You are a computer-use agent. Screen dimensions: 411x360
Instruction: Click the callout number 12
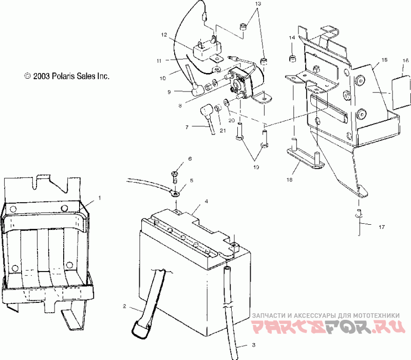[x=164, y=35]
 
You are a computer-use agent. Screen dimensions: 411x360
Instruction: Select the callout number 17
[x=382, y=227]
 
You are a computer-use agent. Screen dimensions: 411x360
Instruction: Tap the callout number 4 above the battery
[x=207, y=201]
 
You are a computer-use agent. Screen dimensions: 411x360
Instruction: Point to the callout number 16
[x=405, y=61]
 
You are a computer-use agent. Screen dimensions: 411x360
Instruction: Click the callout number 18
[x=289, y=179]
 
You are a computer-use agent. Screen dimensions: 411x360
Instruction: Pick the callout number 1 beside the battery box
[x=99, y=198]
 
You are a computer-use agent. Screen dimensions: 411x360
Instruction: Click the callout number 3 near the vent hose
[x=253, y=345]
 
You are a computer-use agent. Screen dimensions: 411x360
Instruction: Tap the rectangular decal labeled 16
[x=401, y=92]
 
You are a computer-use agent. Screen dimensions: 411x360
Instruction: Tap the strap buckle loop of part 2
[x=141, y=329]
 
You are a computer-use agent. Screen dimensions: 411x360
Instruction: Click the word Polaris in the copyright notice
[x=63, y=76]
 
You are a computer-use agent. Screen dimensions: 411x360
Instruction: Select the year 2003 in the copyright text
[x=41, y=76]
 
